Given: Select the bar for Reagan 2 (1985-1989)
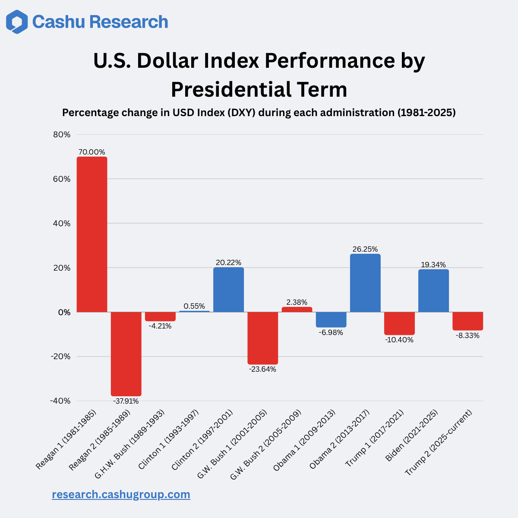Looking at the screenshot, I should [126, 354].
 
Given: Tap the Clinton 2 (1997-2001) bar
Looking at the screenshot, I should [228, 290].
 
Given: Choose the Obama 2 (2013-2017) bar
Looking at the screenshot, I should [365, 283].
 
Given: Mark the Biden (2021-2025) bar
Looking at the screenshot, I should [433, 291].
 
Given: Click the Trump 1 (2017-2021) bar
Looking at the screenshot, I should [399, 323].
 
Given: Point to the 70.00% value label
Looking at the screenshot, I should [92, 152].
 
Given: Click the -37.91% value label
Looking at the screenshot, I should [126, 401].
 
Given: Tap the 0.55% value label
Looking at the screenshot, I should [194, 306].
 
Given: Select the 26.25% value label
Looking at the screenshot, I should [365, 249].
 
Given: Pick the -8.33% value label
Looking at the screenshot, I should [467, 335].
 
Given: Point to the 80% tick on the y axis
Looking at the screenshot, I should [62, 135].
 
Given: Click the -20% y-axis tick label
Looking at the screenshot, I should [60, 357].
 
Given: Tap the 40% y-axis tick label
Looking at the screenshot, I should [62, 224].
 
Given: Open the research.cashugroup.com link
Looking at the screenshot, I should [121, 494].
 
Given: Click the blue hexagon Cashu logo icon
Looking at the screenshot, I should [17, 22].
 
